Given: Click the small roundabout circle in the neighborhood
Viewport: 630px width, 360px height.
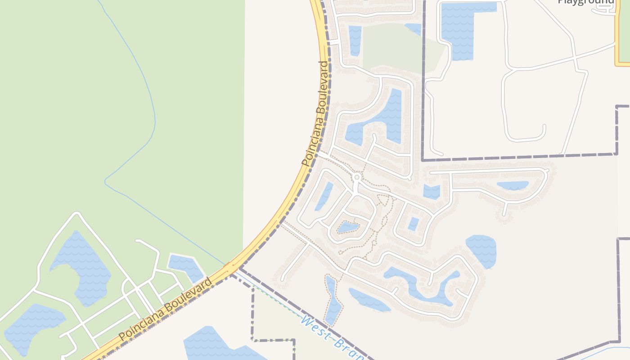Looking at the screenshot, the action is (357, 177).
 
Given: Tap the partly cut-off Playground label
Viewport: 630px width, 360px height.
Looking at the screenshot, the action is (586, 2).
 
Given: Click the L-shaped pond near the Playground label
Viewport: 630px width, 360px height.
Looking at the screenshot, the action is (459, 27).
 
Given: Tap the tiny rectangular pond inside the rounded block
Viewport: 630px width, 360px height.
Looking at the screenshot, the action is (413, 224).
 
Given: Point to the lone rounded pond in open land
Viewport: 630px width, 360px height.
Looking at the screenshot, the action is (481, 250).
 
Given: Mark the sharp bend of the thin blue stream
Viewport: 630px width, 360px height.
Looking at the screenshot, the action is (106, 182).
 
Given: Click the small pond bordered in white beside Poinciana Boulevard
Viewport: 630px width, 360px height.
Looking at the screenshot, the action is (185, 266).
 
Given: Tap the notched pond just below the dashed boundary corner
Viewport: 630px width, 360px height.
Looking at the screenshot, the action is (432, 192).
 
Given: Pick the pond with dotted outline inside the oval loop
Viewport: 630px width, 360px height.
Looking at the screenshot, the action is (348, 228).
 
